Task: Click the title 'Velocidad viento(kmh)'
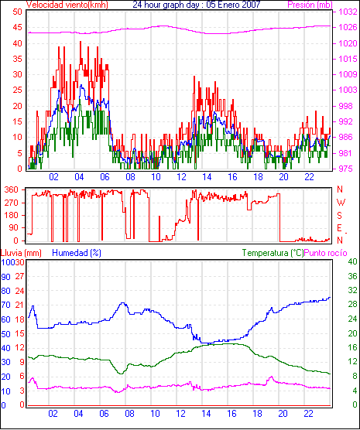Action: click(67, 5)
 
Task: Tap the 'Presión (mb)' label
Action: click(310, 5)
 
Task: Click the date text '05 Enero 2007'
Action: click(233, 5)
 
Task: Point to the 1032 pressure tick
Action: click(348, 12)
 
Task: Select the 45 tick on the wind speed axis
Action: click(17, 27)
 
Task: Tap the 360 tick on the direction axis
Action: click(12, 189)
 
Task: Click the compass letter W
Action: click(341, 203)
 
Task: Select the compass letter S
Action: click(340, 216)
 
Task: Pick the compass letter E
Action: click(340, 228)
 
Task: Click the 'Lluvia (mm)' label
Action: click(21, 253)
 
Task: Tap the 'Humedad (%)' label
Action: click(77, 253)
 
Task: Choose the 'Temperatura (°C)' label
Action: click(273, 253)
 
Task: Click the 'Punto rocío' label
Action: click(326, 253)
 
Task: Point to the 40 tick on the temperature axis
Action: click(352, 261)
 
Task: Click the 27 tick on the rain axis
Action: click(20, 276)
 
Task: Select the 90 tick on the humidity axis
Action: click(5, 277)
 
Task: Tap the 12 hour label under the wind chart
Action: click(181, 177)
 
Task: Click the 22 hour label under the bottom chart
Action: click(309, 413)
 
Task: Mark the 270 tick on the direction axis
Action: click(12, 203)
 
